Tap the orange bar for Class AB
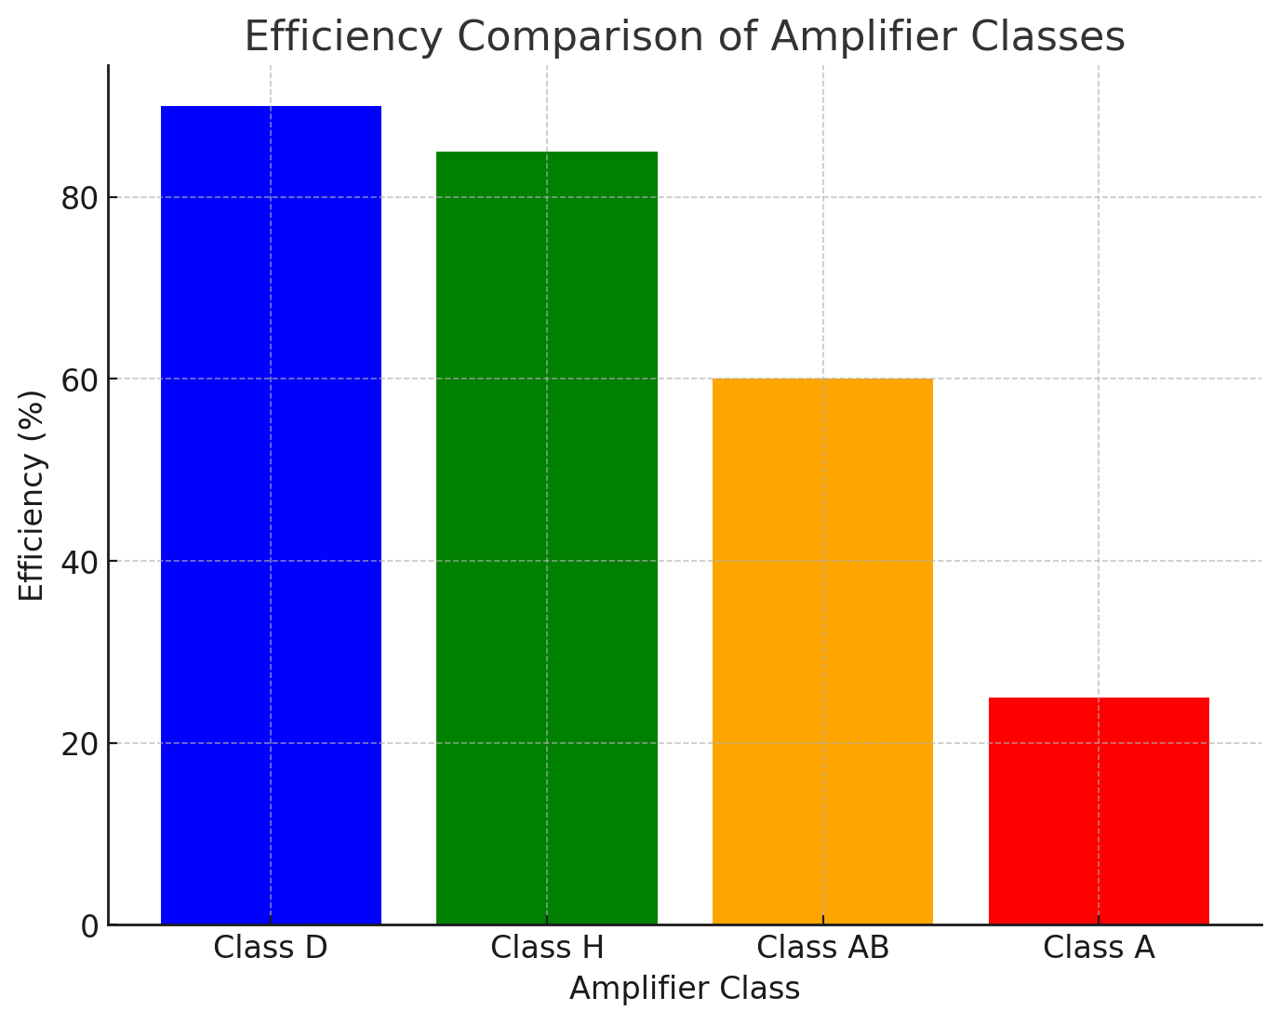coord(822,651)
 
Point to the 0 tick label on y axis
coord(89,926)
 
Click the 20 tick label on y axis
coord(80,744)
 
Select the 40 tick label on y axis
coord(80,562)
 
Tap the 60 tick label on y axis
coord(80,379)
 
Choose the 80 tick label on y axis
coord(80,198)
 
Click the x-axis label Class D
coord(271,948)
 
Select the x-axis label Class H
coord(547,948)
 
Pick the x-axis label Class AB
coord(822,948)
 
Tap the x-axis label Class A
coord(1099,948)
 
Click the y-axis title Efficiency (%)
coord(33,496)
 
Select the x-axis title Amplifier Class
coord(685,989)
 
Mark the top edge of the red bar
coord(1099,698)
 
